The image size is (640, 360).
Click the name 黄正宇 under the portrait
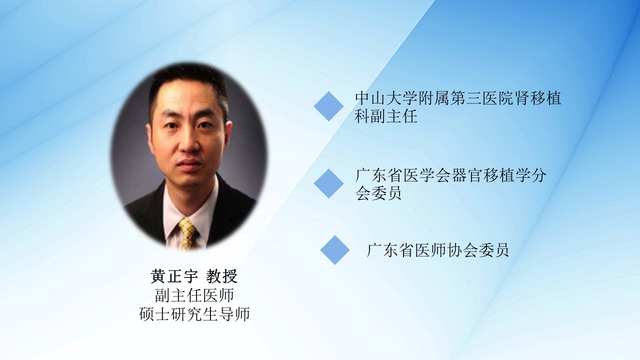[x=174, y=276]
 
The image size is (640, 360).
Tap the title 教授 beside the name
[x=221, y=276]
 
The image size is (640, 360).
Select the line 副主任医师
[x=194, y=295]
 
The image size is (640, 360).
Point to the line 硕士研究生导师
[x=194, y=314]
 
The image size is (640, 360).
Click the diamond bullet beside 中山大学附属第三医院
[x=328, y=106]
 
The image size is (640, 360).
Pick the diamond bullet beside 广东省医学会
[x=328, y=183]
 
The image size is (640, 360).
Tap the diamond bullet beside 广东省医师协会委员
[x=335, y=250]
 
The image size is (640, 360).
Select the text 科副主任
[x=386, y=116]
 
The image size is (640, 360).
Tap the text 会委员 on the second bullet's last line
[x=378, y=193]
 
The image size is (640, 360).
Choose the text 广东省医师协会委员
[x=437, y=250]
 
